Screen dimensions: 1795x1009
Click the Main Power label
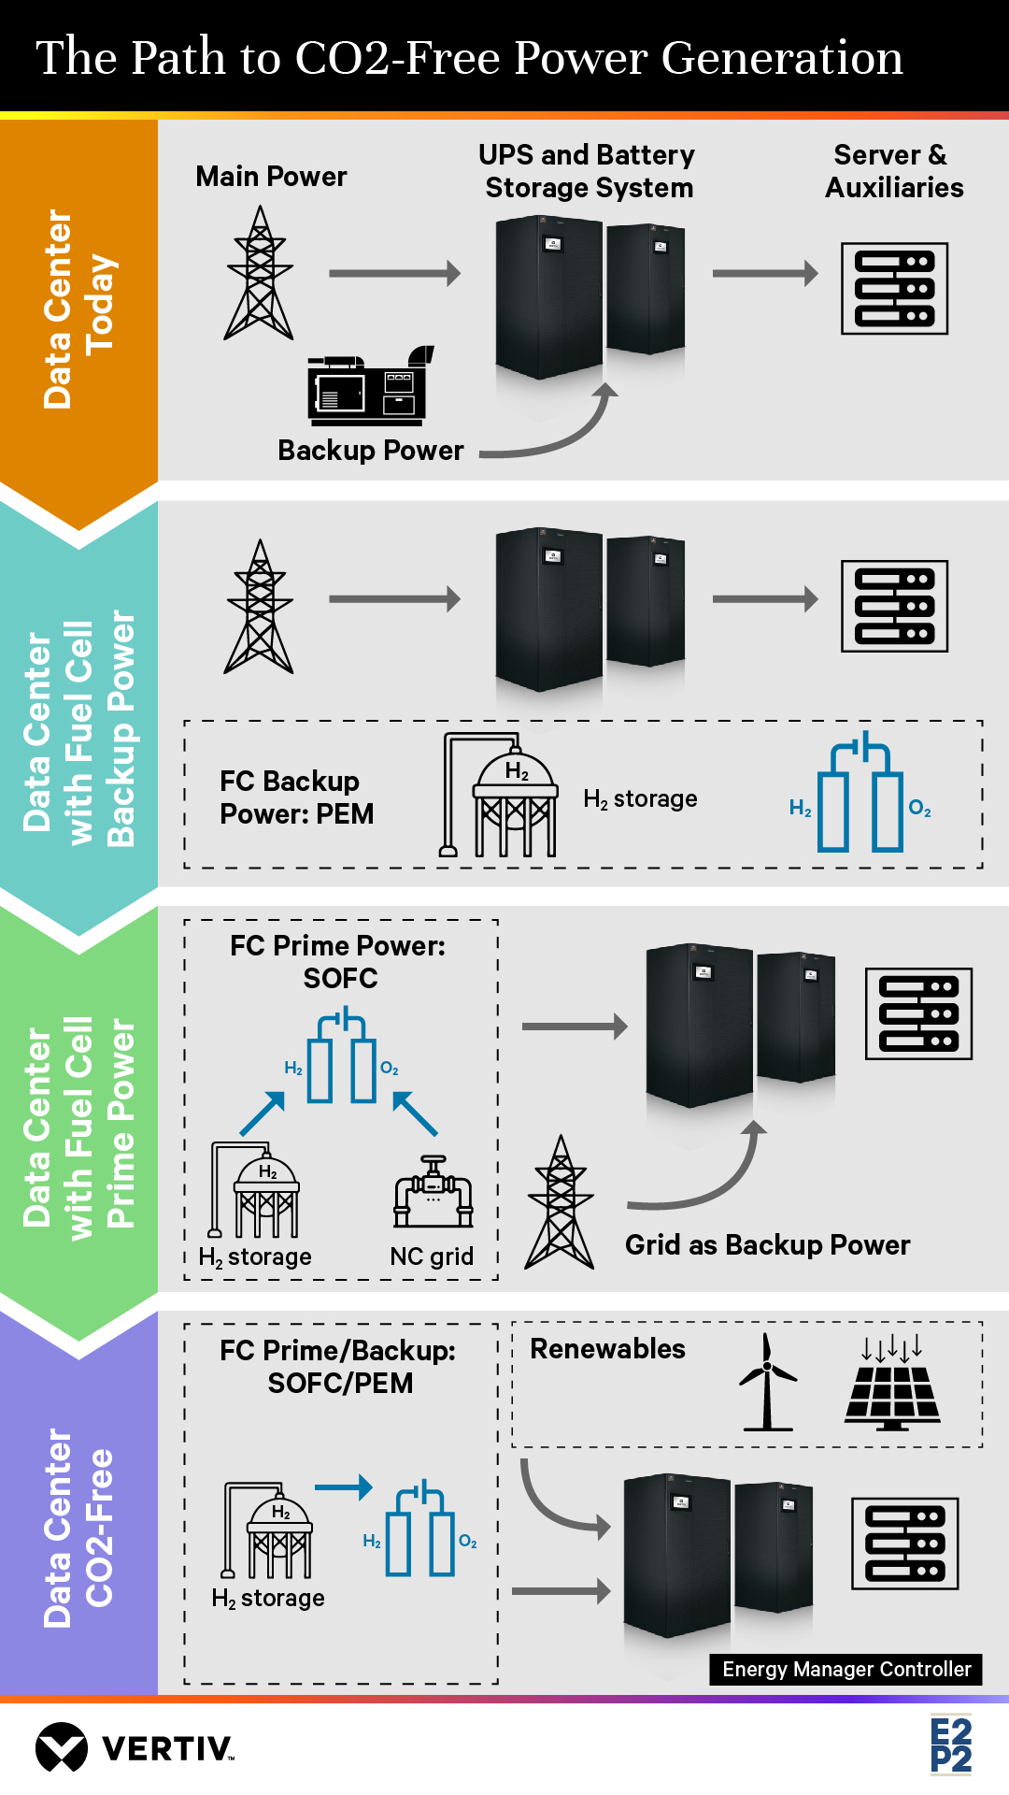pyautogui.click(x=271, y=177)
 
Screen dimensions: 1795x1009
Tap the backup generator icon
pyautogui.click(x=370, y=384)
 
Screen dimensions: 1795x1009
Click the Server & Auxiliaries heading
pyautogui.click(x=894, y=171)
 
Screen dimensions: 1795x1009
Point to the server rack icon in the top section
pyautogui.click(x=894, y=288)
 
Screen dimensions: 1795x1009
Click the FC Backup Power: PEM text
pyautogui.click(x=296, y=797)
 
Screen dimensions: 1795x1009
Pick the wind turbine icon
pyautogui.click(x=767, y=1382)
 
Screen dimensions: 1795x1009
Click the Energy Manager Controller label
pyautogui.click(x=846, y=1669)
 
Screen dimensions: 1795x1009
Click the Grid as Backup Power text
pyautogui.click(x=767, y=1245)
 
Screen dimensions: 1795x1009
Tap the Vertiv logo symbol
pyautogui.click(x=62, y=1746)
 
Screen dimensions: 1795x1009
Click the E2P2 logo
pyautogui.click(x=951, y=1745)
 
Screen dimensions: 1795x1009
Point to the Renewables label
pyautogui.click(x=607, y=1349)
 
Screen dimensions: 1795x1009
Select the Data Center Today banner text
pyautogui.click(x=78, y=309)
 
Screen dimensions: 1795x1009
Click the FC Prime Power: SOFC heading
pyautogui.click(x=339, y=962)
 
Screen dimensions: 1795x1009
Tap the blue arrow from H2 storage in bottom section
pyautogui.click(x=343, y=1486)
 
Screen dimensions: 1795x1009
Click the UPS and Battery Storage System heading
pyautogui.click(x=588, y=171)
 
